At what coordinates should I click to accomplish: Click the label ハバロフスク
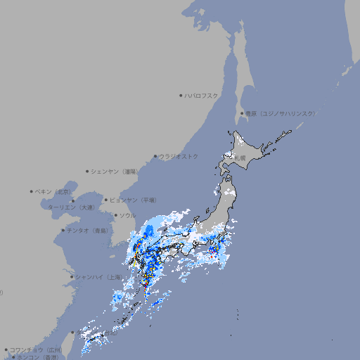tap(202, 95)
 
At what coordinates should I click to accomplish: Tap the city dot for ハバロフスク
tap(181, 95)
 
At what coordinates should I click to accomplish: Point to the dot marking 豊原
tap(242, 113)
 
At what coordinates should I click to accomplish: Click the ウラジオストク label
tap(179, 156)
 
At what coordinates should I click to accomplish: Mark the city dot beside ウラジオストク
tap(155, 156)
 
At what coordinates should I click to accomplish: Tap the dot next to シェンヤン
tap(88, 171)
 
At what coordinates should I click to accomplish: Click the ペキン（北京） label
tap(55, 191)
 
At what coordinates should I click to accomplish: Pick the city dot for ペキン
tap(32, 191)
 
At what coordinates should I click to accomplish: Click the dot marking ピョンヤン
tap(107, 200)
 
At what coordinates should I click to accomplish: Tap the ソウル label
tap(127, 215)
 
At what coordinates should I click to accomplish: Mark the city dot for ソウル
tap(115, 215)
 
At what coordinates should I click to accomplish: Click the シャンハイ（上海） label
tap(98, 277)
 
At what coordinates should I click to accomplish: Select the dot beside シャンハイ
tap(72, 277)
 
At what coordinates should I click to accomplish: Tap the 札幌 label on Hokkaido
tap(240, 158)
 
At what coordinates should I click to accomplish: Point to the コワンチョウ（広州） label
tap(36, 349)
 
